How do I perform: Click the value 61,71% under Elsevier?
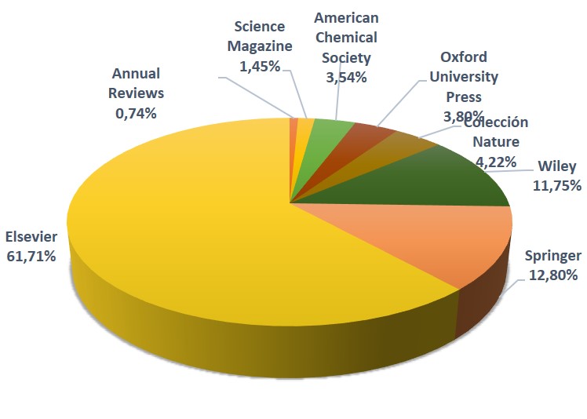31,257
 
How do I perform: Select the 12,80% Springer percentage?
553,275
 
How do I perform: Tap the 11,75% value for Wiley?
557,186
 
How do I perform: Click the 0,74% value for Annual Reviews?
136,113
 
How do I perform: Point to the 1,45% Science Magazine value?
260,66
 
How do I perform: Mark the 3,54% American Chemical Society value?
346,78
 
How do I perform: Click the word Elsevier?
31,237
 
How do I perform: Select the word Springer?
553,256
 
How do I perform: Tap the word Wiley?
557,166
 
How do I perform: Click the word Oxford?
464,57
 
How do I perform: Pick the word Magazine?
260,46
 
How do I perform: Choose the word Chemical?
346,38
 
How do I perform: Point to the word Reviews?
136,93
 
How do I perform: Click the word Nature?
496,142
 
